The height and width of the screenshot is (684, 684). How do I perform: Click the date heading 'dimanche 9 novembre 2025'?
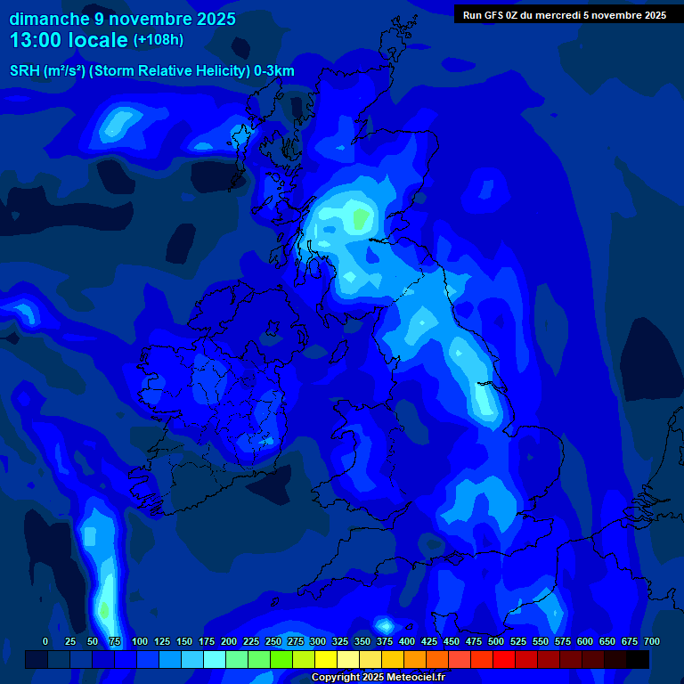(x=122, y=19)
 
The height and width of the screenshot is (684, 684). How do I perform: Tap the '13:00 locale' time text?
(x=68, y=40)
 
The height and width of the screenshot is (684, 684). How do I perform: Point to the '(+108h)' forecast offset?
(x=158, y=40)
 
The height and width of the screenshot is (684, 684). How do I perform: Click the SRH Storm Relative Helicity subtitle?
(x=152, y=71)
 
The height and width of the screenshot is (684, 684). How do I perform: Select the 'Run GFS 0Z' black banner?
(x=564, y=15)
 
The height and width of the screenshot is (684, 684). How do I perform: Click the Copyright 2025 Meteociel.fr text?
(x=378, y=678)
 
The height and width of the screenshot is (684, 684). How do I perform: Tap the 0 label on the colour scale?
(x=45, y=642)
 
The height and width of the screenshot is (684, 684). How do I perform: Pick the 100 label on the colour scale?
(x=140, y=642)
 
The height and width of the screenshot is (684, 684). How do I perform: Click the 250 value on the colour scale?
(x=273, y=642)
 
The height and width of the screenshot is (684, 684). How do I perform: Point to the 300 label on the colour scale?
(x=318, y=642)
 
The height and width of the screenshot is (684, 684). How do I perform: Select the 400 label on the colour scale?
(x=407, y=642)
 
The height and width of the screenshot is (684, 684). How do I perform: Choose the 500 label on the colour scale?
(x=496, y=642)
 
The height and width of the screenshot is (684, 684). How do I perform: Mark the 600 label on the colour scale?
(x=585, y=642)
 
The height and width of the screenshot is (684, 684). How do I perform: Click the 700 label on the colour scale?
(x=651, y=642)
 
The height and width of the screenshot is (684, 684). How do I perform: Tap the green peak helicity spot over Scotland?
(x=361, y=217)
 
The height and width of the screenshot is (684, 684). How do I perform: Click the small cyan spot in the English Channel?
(x=385, y=625)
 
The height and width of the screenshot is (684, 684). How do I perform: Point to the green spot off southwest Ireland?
(x=104, y=611)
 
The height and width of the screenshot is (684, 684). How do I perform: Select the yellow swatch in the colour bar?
(x=326, y=660)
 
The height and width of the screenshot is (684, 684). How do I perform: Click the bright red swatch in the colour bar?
(x=504, y=660)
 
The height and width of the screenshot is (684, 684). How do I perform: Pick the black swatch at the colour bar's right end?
(x=638, y=660)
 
